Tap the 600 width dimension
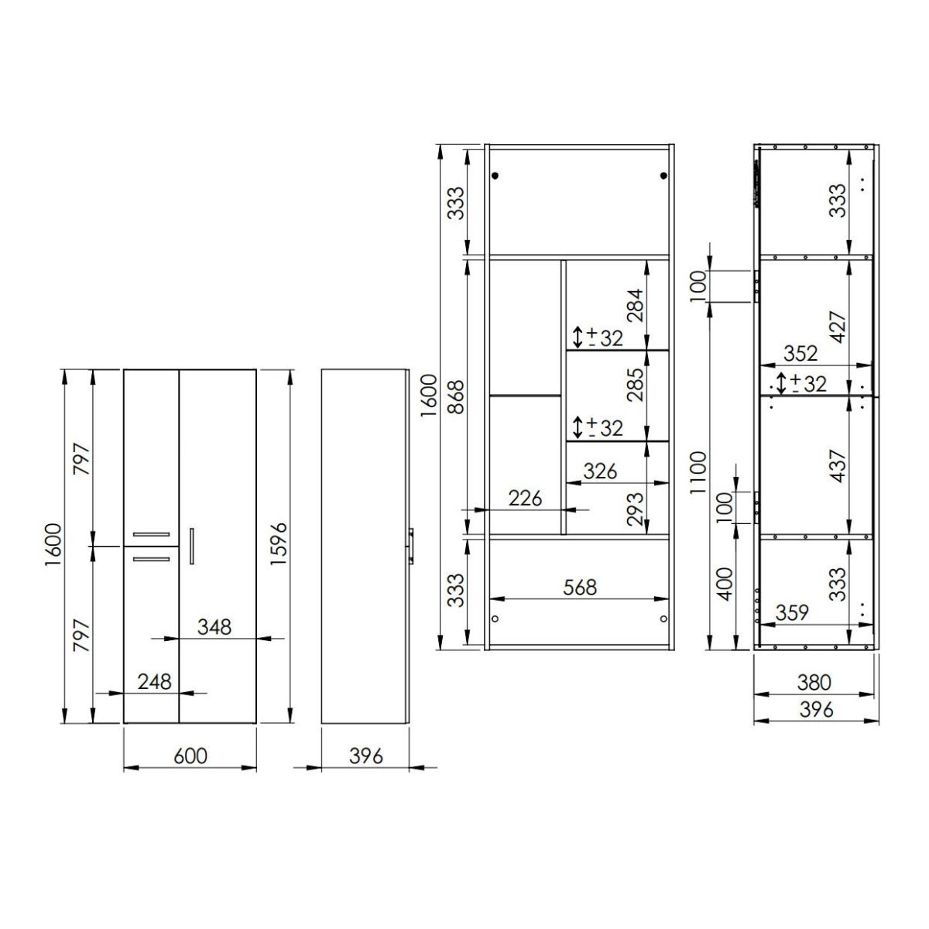click(x=190, y=756)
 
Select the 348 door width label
click(x=214, y=627)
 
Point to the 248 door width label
click(x=154, y=682)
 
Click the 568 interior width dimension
click(x=580, y=587)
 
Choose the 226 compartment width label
click(x=525, y=498)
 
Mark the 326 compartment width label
click(x=600, y=471)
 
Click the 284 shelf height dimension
click(x=635, y=305)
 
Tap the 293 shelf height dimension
click(x=635, y=509)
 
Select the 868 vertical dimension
click(x=455, y=397)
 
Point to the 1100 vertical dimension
click(x=698, y=473)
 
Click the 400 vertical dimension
click(x=725, y=584)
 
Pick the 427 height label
click(x=838, y=327)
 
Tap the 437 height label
click(x=838, y=466)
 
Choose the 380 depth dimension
click(x=814, y=683)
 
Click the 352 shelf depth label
click(x=800, y=354)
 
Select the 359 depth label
click(x=792, y=613)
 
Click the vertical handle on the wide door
click(x=192, y=547)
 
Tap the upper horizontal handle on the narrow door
click(x=152, y=534)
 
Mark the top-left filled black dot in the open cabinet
click(x=495, y=176)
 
